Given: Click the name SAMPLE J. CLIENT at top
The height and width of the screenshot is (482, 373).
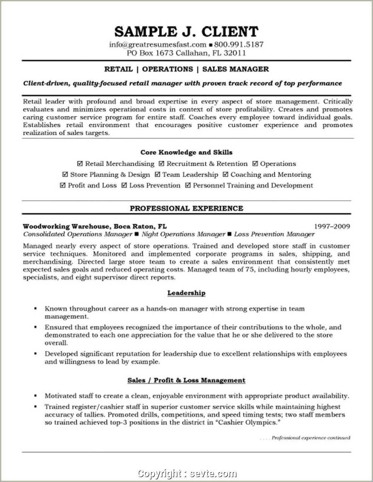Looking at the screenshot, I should [x=186, y=31].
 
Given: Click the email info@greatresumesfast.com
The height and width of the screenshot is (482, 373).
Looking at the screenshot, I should [x=158, y=44].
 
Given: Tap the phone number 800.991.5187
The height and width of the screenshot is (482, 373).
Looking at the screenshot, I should [x=239, y=44].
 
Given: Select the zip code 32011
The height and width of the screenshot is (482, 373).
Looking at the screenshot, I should [x=235, y=53].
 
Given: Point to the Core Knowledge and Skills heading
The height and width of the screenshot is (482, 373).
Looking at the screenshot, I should [x=186, y=152].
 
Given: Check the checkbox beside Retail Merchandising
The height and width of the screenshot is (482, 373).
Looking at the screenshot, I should [x=80, y=164].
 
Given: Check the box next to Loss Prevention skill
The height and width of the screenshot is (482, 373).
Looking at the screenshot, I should [x=124, y=185].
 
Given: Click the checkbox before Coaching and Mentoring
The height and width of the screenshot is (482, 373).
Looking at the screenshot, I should [x=225, y=174].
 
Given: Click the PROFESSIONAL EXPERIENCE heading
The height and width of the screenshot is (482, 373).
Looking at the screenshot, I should [x=186, y=208].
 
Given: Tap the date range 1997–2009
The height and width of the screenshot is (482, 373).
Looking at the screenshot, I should [x=332, y=227].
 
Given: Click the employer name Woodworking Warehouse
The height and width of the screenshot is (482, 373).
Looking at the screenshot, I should [x=65, y=227].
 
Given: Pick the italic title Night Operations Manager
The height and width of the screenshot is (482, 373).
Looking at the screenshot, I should [x=183, y=234].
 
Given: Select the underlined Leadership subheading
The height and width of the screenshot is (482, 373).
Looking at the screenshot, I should [x=186, y=293].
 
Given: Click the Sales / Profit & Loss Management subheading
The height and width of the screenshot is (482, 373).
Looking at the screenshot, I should [x=186, y=380].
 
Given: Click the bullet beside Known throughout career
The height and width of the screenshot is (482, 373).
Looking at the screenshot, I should [x=36, y=309].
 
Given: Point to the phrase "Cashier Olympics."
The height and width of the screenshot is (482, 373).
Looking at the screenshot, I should [x=249, y=422].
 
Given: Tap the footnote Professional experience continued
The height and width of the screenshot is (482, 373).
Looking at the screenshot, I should [x=311, y=438].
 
